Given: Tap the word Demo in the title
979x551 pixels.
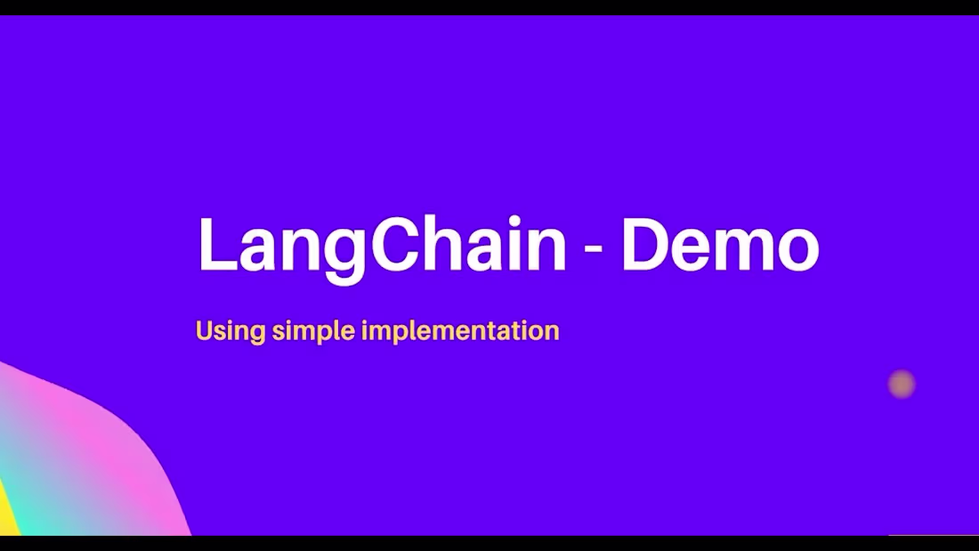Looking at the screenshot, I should point(719,245).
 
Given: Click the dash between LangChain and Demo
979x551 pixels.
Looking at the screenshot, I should point(593,250).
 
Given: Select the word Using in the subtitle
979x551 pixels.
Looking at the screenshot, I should point(230,332).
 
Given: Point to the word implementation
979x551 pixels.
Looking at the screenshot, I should point(461,332).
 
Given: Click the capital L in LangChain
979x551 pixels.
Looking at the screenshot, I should point(214,245).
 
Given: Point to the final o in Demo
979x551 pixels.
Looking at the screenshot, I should point(796,250).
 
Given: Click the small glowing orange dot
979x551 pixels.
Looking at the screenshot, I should point(902,384).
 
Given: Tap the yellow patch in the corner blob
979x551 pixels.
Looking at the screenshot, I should point(6,516).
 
